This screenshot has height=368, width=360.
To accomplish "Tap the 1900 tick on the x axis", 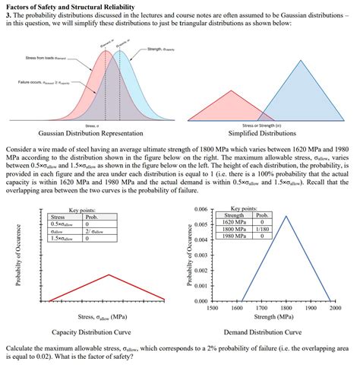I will (x=310, y=308).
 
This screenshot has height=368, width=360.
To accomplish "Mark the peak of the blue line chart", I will (x=286, y=216).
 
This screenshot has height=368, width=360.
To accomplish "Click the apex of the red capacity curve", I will (x=109, y=275).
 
